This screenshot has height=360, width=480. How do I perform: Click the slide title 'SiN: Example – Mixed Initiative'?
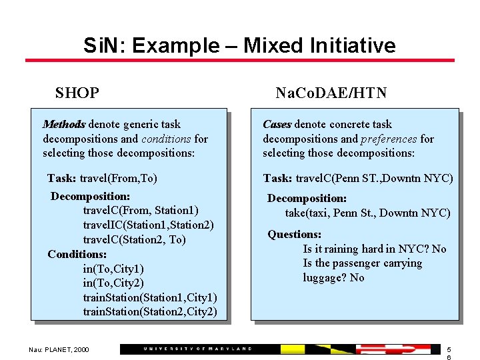pyautogui.click(x=239, y=45)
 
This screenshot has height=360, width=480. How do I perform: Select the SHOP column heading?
pyautogui.click(x=77, y=93)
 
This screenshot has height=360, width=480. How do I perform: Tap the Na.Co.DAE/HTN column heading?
pyautogui.click(x=331, y=93)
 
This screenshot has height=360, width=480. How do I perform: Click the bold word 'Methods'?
pyautogui.click(x=64, y=124)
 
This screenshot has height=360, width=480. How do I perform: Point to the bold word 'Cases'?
pyautogui.click(x=277, y=124)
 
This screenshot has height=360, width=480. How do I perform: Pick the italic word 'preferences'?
pyautogui.click(x=389, y=139)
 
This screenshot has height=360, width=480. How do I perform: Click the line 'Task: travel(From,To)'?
pyautogui.click(x=102, y=178)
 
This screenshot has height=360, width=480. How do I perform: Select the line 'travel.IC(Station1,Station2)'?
pyautogui.click(x=148, y=225)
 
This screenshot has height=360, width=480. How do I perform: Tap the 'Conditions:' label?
pyautogui.click(x=77, y=254)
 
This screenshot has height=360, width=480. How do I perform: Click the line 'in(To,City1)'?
pyautogui.click(x=113, y=269)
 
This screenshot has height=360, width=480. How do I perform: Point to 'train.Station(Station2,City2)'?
pyautogui.click(x=149, y=311)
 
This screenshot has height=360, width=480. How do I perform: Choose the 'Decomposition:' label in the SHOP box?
pyautogui.click(x=90, y=196)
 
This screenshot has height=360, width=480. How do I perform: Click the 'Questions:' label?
pyautogui.click(x=294, y=234)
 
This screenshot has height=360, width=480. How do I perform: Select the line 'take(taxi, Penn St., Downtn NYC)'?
pyautogui.click(x=367, y=213)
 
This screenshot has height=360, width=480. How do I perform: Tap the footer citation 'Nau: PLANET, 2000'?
pyautogui.click(x=59, y=349)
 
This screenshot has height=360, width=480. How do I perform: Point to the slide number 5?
pyautogui.click(x=449, y=349)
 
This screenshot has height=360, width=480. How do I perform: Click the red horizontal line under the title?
pyautogui.click(x=239, y=61)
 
